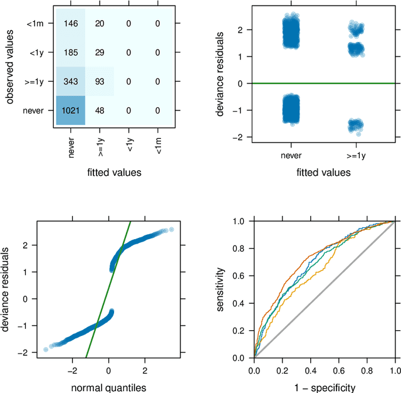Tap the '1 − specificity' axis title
[324, 387]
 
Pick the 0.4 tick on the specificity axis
[310, 370]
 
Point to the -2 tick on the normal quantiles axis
[73, 370]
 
